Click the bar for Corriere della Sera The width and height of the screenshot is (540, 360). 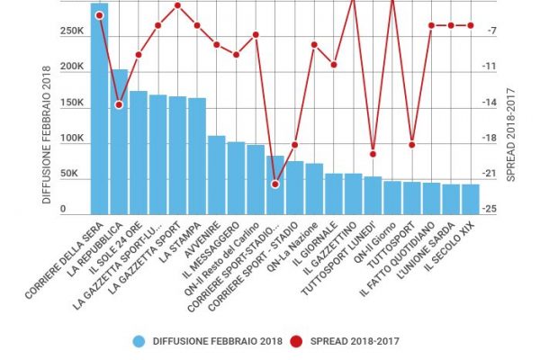coord(99,108)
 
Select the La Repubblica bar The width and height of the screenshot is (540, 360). coord(119,140)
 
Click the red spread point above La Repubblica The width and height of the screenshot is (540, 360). coord(119,105)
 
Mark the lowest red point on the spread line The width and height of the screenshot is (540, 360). coord(275,184)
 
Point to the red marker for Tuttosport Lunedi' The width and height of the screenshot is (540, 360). coord(373,154)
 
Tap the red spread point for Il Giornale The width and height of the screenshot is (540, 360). coord(334,65)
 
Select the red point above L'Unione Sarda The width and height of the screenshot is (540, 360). coord(451,25)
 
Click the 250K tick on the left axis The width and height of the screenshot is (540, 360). coord(72,31)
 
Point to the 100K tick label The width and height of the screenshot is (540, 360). coord(72,139)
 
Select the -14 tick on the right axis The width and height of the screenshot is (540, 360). coord(490,103)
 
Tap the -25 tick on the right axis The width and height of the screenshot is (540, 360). coord(490,210)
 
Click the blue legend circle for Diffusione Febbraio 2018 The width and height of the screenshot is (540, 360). coord(139,341)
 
